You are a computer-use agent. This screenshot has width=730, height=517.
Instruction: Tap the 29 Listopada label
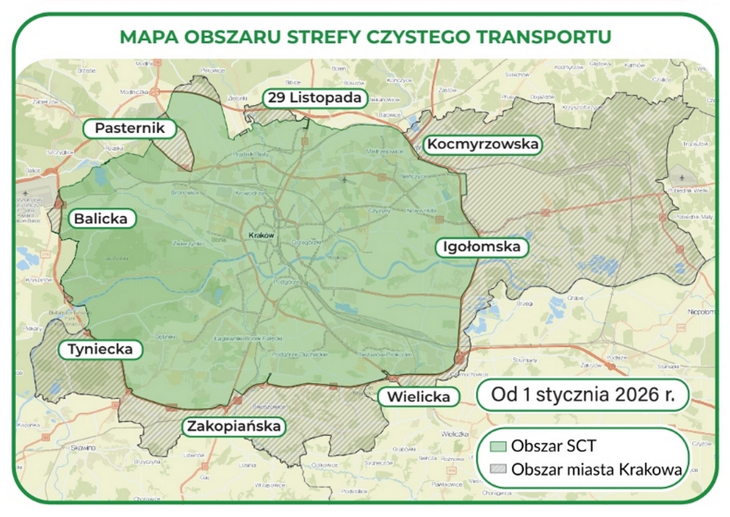[316, 97]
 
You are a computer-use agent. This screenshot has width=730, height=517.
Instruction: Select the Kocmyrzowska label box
[482, 145]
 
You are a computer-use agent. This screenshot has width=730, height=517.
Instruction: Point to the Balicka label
[101, 219]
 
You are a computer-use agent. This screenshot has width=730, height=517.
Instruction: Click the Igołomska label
[482, 248]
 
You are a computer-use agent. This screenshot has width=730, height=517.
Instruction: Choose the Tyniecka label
[100, 350]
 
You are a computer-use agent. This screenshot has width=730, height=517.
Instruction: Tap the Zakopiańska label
[234, 426]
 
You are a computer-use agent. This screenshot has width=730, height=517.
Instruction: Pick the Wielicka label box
[418, 397]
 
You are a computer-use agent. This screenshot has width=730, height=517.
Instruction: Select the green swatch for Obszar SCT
[498, 446]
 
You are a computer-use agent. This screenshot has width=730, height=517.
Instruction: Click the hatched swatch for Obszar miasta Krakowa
[498, 469]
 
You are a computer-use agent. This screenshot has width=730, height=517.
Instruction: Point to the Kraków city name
[263, 235]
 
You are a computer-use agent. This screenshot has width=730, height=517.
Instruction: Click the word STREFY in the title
[325, 37]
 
